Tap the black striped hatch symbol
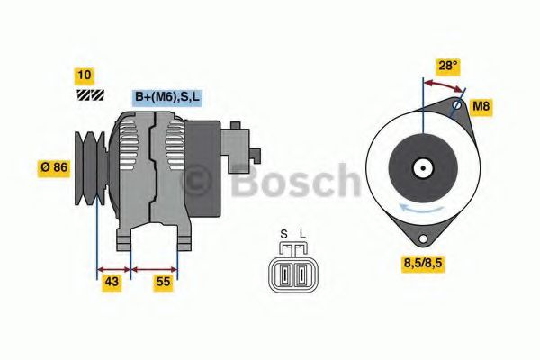89,94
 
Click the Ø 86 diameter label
56,167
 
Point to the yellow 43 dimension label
112,282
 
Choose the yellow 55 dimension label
163,282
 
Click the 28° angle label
447,66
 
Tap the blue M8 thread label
482,106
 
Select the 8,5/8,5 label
427,264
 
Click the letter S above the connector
283,236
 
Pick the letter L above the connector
302,236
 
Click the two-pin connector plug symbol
292,271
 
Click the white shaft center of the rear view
421,167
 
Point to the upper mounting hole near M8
457,106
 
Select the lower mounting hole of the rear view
420,238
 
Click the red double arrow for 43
113,267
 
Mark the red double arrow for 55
154,267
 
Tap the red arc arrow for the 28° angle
445,84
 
